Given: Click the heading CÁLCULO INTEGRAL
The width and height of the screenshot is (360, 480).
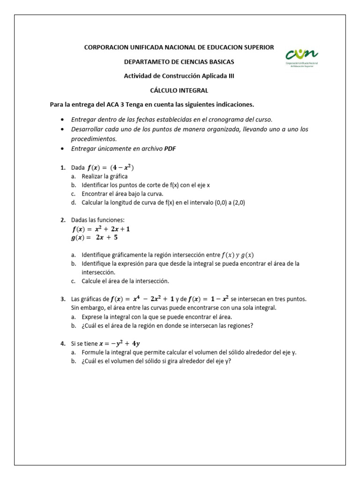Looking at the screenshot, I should pyautogui.click(x=179, y=90).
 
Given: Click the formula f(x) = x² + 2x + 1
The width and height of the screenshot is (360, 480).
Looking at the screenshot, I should pyautogui.click(x=101, y=229).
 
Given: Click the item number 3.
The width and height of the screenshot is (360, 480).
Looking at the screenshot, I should pyautogui.click(x=63, y=299).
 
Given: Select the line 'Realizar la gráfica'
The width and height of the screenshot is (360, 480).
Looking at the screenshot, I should pyautogui.click(x=105, y=176).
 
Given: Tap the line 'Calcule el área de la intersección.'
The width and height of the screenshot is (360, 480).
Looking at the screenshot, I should pyautogui.click(x=125, y=281).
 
